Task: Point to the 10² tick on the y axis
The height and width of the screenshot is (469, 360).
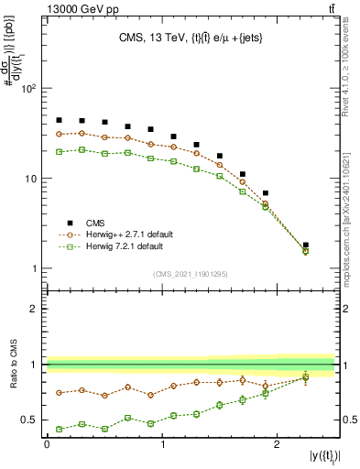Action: pos(27,89)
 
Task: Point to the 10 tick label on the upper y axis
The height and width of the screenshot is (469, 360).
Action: pos(30,179)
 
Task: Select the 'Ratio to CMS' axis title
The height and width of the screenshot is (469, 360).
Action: pos(12,365)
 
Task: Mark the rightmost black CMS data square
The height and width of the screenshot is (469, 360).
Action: pos(305,245)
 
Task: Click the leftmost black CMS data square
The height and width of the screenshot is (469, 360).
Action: pos(59,120)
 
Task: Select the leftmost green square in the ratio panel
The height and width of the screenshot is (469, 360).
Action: pos(59,429)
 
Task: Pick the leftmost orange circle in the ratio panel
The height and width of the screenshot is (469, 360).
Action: pos(59,393)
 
